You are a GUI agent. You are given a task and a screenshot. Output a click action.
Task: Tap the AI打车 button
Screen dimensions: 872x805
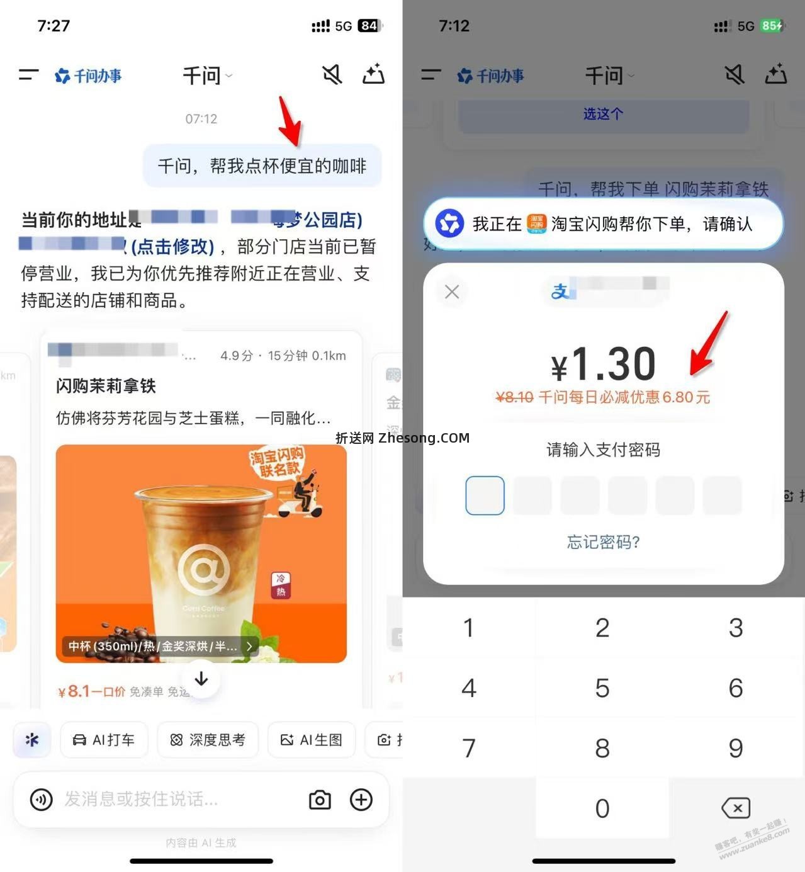tap(104, 740)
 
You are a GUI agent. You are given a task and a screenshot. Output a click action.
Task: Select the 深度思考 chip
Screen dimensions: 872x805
tap(208, 740)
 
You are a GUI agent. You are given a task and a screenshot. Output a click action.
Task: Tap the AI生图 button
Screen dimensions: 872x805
tap(312, 740)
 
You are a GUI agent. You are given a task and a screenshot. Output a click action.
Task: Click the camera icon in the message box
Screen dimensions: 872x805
tap(320, 800)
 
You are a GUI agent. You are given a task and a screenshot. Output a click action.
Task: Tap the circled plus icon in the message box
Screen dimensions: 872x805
tap(361, 800)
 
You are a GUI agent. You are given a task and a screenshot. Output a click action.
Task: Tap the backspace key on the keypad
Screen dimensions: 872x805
tap(735, 808)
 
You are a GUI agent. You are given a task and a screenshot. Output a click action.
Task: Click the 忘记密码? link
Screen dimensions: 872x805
tap(603, 542)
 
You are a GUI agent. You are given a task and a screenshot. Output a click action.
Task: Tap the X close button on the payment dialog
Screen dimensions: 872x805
tap(452, 292)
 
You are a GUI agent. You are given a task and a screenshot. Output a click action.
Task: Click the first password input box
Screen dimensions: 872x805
tap(485, 495)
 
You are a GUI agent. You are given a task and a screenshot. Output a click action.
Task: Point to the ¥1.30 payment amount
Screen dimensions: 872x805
tap(603, 365)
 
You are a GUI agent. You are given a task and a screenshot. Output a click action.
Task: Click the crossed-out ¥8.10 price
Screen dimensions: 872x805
tap(514, 397)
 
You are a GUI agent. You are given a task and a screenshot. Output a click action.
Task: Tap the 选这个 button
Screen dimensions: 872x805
tap(603, 114)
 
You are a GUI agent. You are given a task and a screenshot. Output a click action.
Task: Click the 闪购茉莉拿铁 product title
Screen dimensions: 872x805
tap(106, 386)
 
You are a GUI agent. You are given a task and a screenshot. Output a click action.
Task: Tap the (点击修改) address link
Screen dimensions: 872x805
tap(172, 246)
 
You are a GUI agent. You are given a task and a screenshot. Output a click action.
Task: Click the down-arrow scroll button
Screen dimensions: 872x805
tap(201, 679)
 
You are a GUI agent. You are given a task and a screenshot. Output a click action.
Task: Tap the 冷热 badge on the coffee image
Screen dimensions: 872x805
tap(281, 585)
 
